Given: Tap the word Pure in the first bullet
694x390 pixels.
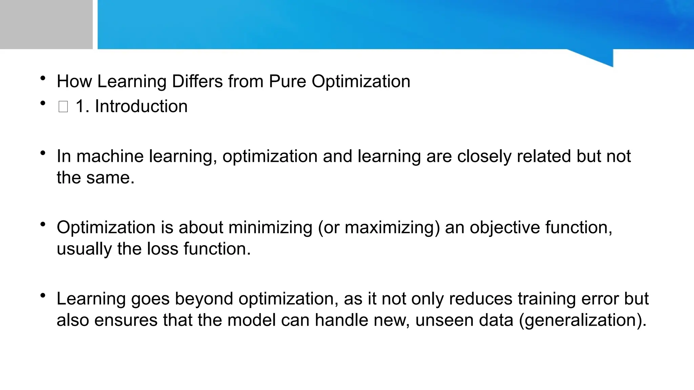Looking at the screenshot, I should point(287,82).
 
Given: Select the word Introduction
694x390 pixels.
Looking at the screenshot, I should point(141,106).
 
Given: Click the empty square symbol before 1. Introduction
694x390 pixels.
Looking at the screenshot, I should point(63,107).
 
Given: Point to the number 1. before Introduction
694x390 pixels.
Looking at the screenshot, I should point(82,106).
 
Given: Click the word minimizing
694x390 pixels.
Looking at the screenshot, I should point(270,227).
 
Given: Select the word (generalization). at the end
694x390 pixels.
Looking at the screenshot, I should point(583,320).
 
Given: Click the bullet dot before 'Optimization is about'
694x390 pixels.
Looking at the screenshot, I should point(43,224).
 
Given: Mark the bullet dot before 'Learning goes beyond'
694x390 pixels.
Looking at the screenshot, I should point(43,296).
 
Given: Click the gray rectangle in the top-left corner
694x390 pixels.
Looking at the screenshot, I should point(46,24).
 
